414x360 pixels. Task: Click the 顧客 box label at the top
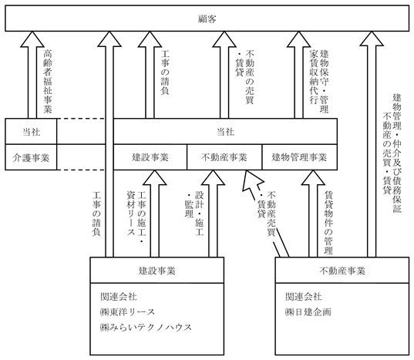click(207, 19)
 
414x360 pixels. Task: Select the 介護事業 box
click(31, 157)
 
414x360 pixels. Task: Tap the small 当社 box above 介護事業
click(31, 132)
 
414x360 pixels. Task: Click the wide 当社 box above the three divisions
click(225, 132)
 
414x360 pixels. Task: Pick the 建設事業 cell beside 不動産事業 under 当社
click(150, 157)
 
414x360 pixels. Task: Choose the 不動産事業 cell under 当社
click(224, 157)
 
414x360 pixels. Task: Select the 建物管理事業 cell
click(299, 157)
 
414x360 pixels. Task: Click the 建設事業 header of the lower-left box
click(157, 271)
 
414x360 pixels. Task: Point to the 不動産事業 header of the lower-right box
click(342, 271)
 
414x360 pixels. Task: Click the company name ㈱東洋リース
click(127, 312)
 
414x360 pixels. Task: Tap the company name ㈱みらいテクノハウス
click(146, 328)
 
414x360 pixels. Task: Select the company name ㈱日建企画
click(308, 312)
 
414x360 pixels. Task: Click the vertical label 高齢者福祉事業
click(48, 81)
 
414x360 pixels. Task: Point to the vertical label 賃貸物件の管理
click(328, 223)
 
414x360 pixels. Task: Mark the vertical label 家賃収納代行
click(314, 76)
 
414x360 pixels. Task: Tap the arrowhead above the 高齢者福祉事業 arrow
click(32, 39)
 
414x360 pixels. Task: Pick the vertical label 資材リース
click(131, 214)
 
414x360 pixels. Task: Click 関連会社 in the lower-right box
click(304, 297)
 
